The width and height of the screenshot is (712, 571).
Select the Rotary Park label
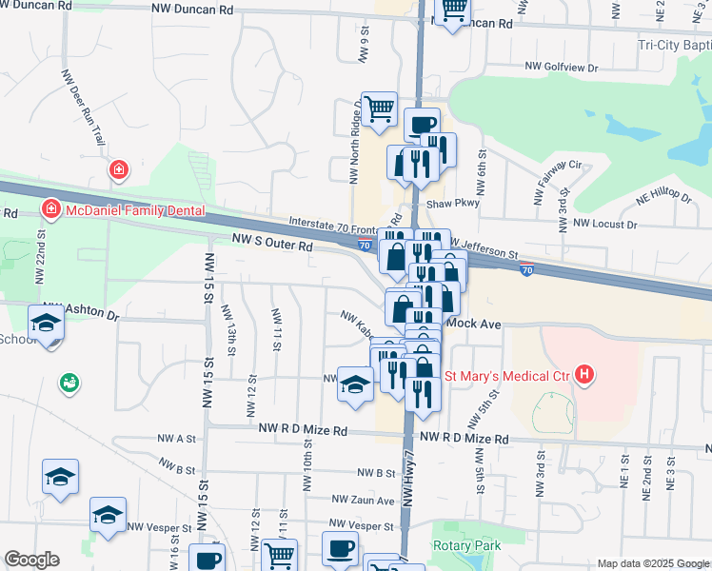(x=465, y=545)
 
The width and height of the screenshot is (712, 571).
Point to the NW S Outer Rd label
(x=271, y=246)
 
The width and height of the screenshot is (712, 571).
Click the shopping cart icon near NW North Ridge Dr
(x=379, y=108)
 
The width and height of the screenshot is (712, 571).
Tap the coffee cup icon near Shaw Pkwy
(x=422, y=124)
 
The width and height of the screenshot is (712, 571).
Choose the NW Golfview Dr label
(x=562, y=68)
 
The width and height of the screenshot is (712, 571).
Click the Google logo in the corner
(x=32, y=560)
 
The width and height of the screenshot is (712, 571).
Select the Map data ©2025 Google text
(x=652, y=563)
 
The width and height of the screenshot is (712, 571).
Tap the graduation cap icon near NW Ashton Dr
(x=46, y=324)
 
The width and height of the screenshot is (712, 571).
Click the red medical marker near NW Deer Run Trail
(x=118, y=170)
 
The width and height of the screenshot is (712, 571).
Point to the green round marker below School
(x=69, y=384)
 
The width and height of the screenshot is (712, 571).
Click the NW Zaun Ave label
(x=363, y=501)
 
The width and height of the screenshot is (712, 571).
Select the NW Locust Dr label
(x=604, y=224)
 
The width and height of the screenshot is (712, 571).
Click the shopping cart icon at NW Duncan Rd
(x=453, y=11)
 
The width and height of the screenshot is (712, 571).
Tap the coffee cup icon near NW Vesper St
(x=340, y=549)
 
